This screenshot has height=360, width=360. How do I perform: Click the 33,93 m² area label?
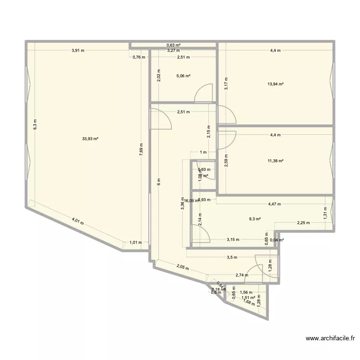[x=90, y=139]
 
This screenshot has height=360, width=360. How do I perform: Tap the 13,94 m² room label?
[x=276, y=84]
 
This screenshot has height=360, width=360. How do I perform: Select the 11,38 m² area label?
[x=276, y=161]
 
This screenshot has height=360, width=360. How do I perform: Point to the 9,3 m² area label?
[x=254, y=219]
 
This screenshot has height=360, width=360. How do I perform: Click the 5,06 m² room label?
[x=183, y=76]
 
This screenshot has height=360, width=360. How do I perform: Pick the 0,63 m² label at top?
[x=173, y=46]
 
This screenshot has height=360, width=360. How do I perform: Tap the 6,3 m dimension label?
[x=35, y=124]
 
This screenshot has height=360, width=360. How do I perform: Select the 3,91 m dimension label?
[x=77, y=50]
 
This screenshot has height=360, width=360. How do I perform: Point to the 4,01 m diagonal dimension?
[x=78, y=222]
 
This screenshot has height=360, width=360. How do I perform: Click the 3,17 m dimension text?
[x=226, y=84]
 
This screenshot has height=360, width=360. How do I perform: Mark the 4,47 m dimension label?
[x=275, y=204]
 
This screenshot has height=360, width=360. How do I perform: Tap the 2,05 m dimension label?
[x=182, y=267]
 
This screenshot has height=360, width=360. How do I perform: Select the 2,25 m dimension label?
[x=303, y=223]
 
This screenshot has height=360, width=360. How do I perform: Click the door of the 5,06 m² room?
[x=204, y=93]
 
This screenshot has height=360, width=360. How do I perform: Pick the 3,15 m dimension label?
[x=233, y=240]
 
